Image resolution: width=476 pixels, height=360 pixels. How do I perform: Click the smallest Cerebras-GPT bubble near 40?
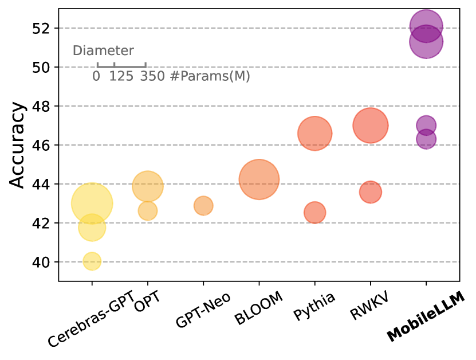click(x=92, y=261)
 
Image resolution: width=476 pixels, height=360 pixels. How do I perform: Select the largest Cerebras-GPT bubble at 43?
click(x=92, y=203)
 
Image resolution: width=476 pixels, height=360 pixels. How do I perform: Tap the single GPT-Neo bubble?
click(x=203, y=205)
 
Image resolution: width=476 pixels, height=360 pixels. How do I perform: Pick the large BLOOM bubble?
click(x=259, y=179)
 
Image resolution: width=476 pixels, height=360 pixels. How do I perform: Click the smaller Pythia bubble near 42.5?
click(x=314, y=213)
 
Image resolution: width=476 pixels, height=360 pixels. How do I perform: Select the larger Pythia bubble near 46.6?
click(x=314, y=134)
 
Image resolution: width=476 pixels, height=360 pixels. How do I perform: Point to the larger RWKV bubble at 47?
click(x=371, y=126)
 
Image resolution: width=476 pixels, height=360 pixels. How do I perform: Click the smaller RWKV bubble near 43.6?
click(x=371, y=192)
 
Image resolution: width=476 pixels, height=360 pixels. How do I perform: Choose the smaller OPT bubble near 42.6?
click(x=148, y=211)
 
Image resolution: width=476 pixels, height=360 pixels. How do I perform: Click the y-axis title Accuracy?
click(x=18, y=144)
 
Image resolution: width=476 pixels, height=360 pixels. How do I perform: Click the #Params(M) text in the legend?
click(x=210, y=76)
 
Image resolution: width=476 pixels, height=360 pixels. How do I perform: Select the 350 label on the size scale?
click(x=152, y=76)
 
